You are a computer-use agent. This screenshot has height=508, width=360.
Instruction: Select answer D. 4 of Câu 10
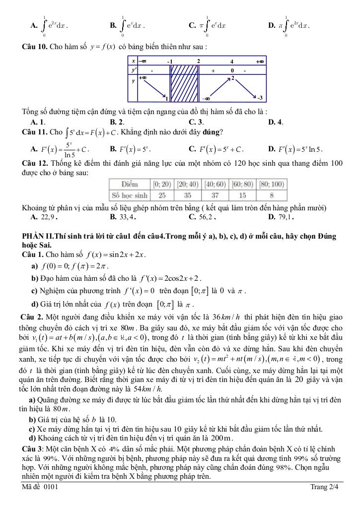tap(275, 122)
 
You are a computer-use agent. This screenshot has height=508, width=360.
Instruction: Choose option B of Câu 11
tap(131, 148)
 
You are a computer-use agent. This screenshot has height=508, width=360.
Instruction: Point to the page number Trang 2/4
tap(324, 487)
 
